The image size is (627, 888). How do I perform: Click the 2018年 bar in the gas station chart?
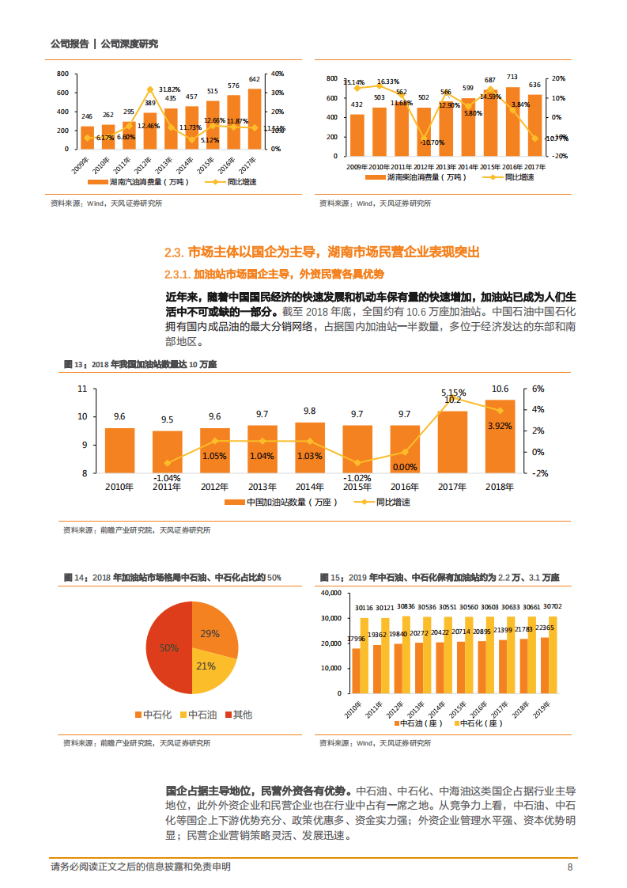[500, 436]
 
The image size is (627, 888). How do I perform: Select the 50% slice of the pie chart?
[168, 647]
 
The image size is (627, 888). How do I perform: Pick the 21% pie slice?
[207, 666]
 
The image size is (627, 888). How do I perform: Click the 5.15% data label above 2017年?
[453, 392]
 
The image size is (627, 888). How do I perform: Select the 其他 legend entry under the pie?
[238, 715]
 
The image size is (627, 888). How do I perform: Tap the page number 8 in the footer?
[570, 867]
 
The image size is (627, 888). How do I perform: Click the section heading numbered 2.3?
[321, 252]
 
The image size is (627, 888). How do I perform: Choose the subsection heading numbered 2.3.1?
[274, 274]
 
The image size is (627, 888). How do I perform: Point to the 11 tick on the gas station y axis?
[82, 389]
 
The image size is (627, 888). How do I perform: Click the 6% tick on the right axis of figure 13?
[538, 389]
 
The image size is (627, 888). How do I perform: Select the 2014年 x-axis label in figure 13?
[309, 486]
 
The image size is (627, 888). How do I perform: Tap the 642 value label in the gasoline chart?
[255, 79]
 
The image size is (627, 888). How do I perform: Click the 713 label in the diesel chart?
[512, 78]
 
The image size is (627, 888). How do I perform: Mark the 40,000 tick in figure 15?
[330, 592]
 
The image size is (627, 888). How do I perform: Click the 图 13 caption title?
[140, 364]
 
